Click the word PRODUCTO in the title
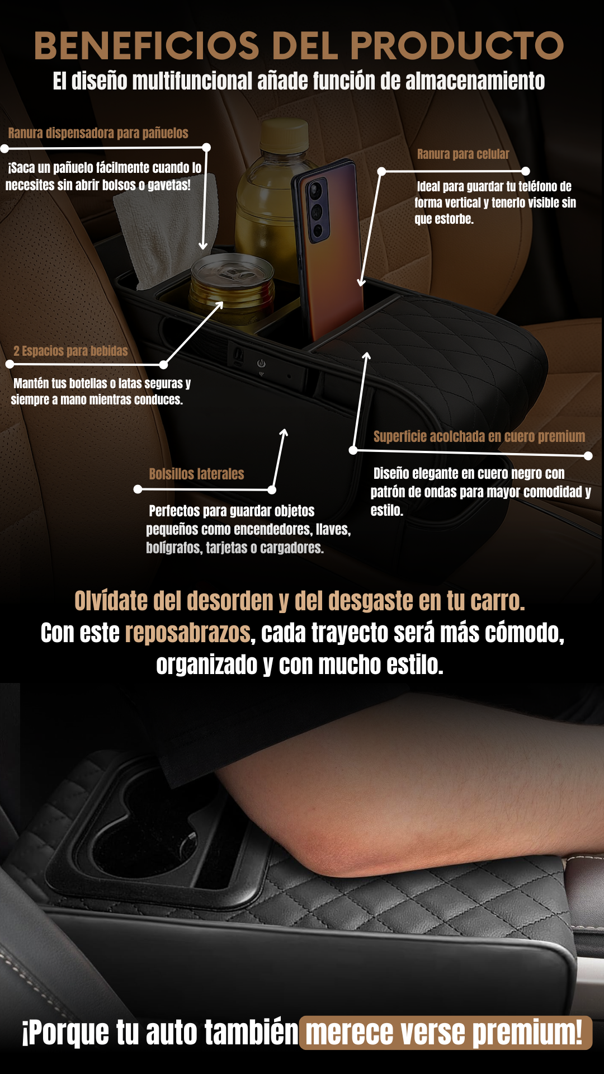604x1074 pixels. pyautogui.click(x=457, y=45)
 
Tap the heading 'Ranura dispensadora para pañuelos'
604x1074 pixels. pyautogui.click(x=98, y=133)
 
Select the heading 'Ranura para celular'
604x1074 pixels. pyautogui.click(x=463, y=154)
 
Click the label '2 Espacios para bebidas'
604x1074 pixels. pyautogui.click(x=70, y=351)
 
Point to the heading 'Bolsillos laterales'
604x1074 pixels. pyautogui.click(x=196, y=474)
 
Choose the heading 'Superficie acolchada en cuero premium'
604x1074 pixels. pyautogui.click(x=479, y=436)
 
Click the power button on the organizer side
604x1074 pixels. pyautogui.click(x=261, y=364)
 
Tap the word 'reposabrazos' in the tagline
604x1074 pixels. pyautogui.click(x=187, y=633)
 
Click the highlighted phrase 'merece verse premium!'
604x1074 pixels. pyautogui.click(x=445, y=1033)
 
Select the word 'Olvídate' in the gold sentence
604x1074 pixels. pyautogui.click(x=111, y=601)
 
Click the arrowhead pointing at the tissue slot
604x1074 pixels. pyautogui.click(x=203, y=246)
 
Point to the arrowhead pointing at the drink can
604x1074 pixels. pyautogui.click(x=220, y=305)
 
